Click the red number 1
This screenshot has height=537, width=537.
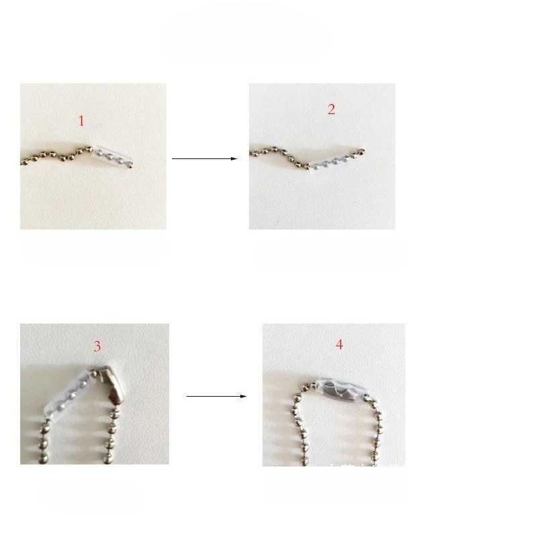point(81,121)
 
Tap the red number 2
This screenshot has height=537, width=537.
point(331,109)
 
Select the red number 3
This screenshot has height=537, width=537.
point(97,346)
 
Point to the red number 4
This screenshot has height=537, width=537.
point(339,344)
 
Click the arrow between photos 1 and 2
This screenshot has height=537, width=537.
point(205,158)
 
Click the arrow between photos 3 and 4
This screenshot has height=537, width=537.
point(216,396)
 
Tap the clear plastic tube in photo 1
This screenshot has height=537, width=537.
point(112,156)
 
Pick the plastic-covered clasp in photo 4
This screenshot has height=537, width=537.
point(340,389)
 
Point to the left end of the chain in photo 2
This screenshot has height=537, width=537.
point(251,153)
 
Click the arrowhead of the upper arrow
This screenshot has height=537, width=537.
point(234,158)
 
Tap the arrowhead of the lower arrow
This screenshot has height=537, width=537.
point(244,396)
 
